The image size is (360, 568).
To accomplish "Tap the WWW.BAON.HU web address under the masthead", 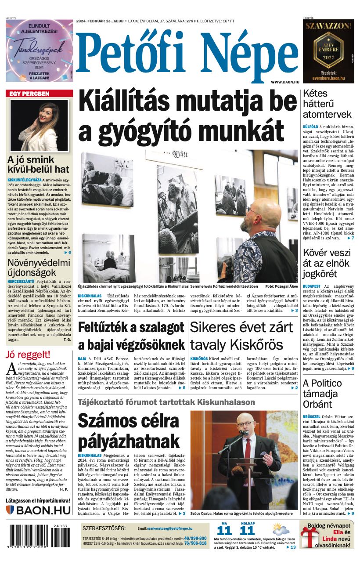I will pos(285,82).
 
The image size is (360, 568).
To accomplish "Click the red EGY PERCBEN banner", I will pos(39,94).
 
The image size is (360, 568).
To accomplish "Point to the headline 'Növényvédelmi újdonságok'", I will pos(39,268).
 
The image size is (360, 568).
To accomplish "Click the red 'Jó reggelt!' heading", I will pos(28,355).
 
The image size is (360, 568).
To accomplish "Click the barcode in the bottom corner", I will pos(39,537).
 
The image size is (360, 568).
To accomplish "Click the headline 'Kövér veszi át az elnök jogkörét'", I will pos(327,264).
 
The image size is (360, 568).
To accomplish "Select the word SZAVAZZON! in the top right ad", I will pos(328,25).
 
